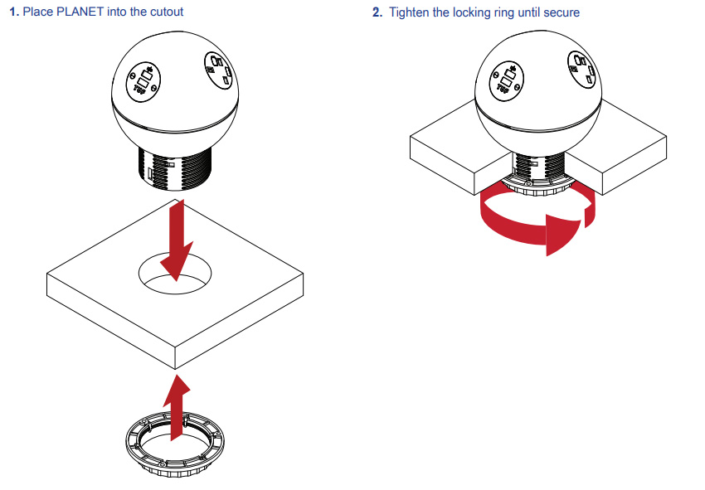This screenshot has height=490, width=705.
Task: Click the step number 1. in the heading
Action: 13,12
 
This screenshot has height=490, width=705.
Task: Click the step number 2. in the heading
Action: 378,12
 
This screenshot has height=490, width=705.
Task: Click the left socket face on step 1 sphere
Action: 144,81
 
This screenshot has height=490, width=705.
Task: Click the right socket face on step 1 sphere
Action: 216,70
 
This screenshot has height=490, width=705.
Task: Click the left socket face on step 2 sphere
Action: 506,80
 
